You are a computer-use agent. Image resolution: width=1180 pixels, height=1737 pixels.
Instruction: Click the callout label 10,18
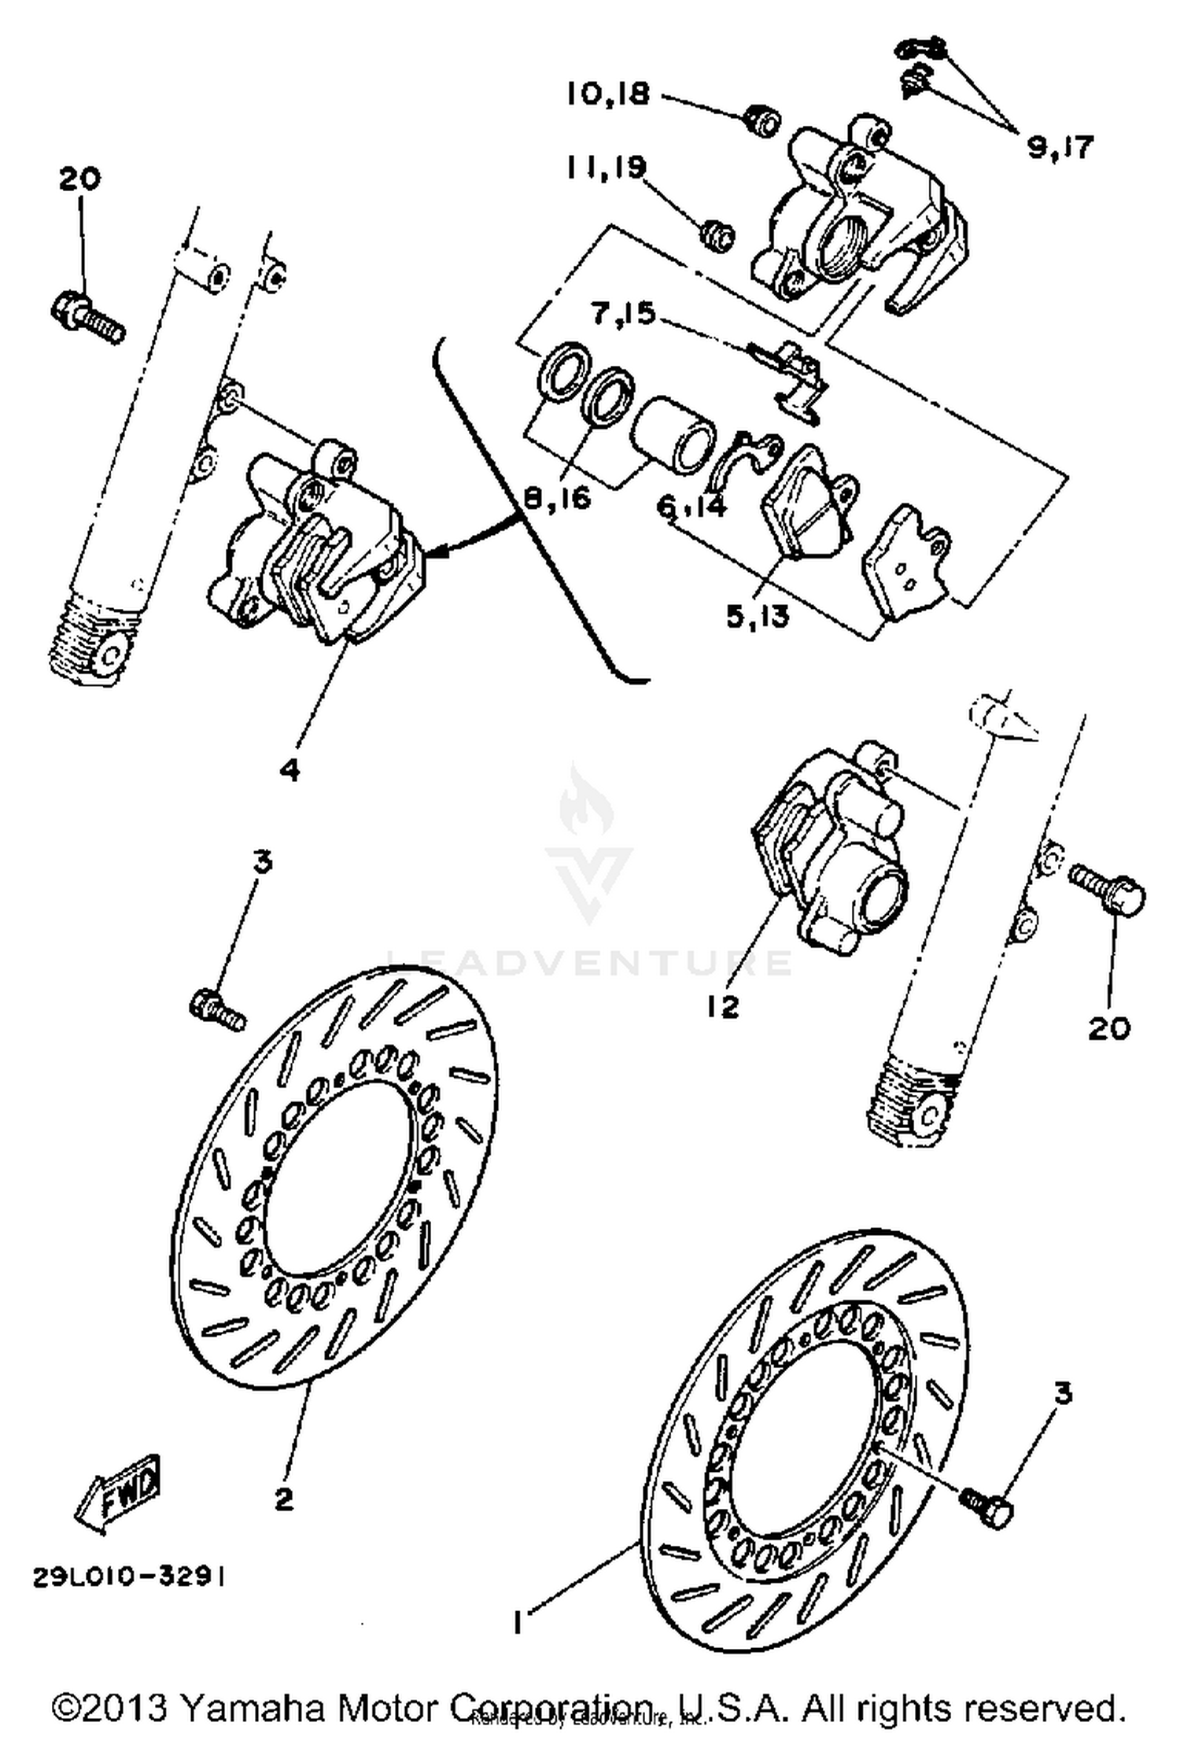(x=608, y=94)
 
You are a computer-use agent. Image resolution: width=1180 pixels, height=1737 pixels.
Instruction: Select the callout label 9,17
(x=1060, y=147)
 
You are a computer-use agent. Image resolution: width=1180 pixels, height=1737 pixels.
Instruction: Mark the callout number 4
(x=289, y=769)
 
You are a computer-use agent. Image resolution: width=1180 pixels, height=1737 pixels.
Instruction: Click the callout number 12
(x=722, y=1005)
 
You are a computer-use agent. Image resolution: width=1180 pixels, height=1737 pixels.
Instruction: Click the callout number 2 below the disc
(x=283, y=1499)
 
